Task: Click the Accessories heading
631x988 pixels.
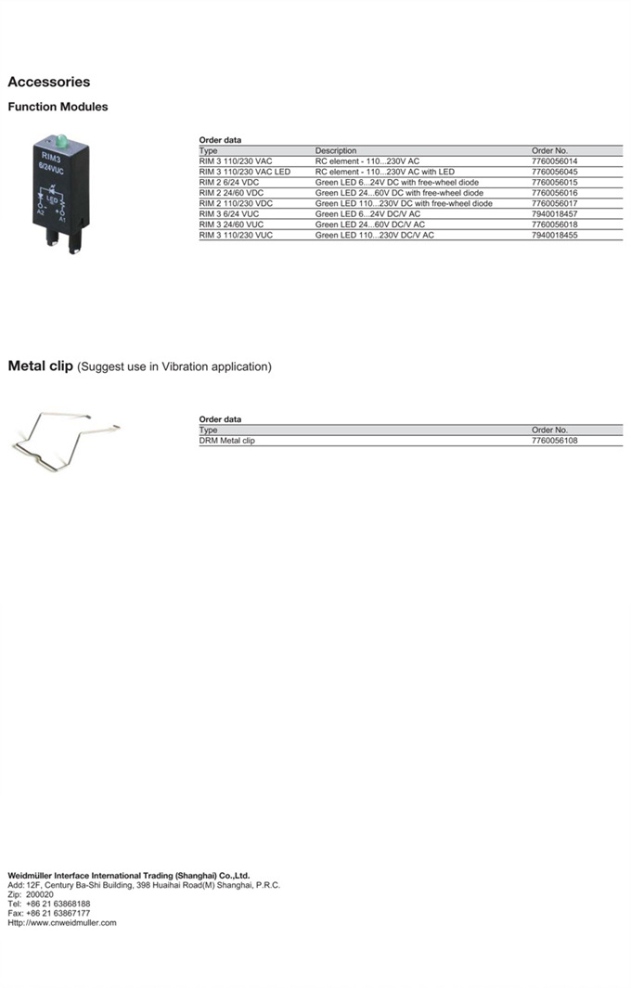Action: point(49,82)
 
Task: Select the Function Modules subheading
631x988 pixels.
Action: point(58,107)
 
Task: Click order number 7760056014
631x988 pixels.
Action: point(555,160)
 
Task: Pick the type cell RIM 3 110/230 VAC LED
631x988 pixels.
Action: point(244,172)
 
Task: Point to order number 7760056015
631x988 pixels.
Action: point(555,182)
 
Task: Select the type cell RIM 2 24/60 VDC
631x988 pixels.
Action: point(231,193)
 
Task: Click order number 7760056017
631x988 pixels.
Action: point(555,203)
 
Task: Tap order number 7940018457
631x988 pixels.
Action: point(555,214)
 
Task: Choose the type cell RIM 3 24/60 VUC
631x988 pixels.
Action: point(231,225)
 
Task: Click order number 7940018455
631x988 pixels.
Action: point(555,236)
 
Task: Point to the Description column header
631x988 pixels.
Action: point(335,150)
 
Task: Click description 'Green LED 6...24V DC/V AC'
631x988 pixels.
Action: point(367,214)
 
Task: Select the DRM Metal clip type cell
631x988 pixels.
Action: point(226,441)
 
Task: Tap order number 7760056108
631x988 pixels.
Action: point(555,441)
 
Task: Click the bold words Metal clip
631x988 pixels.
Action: point(40,366)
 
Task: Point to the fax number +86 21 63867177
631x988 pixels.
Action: point(58,913)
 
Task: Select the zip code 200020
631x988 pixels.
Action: point(40,894)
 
